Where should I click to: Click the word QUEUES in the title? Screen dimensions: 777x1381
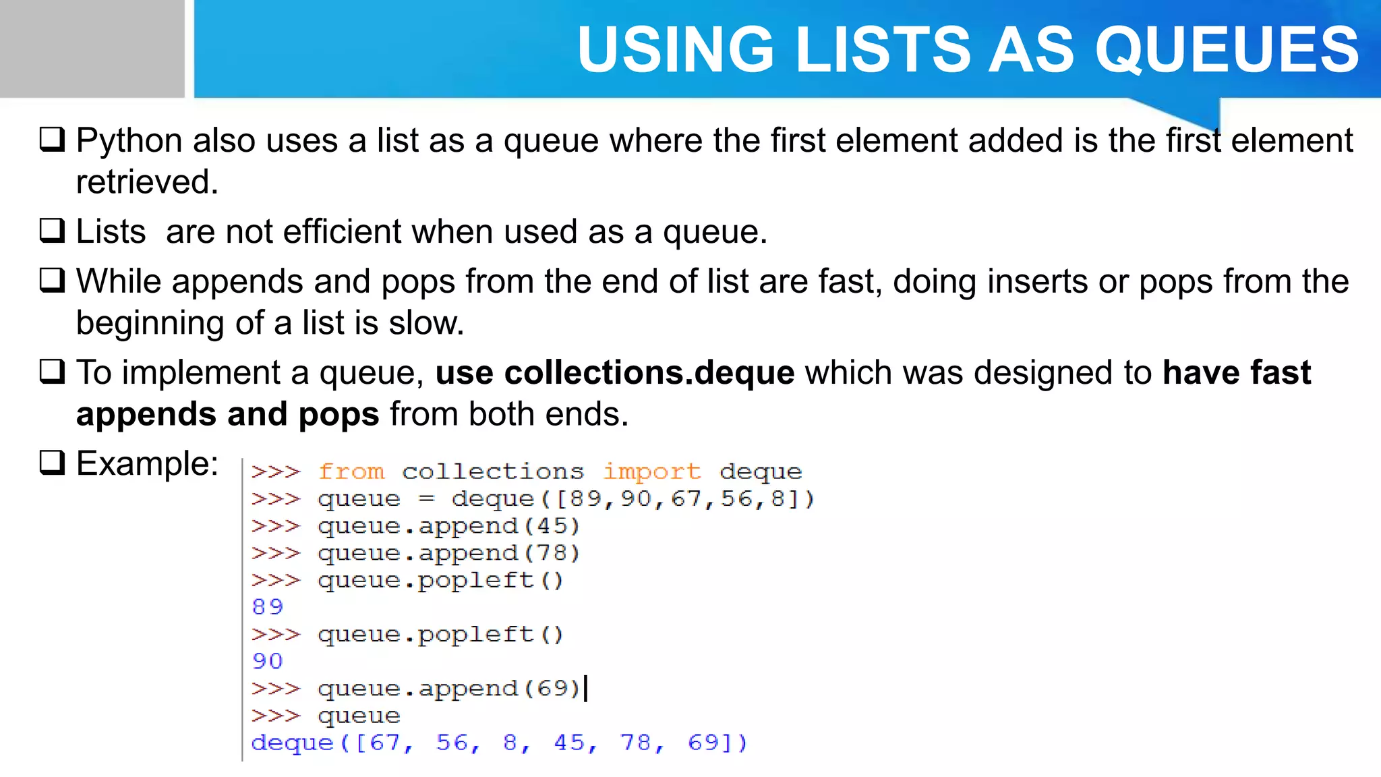[1227, 50]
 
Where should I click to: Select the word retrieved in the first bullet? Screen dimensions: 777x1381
[147, 182]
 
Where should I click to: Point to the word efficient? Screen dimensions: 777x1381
[342, 232]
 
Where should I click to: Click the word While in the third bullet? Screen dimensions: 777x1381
[118, 282]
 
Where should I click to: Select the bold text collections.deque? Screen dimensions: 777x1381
[649, 373]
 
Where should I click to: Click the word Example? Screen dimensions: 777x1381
[146, 464]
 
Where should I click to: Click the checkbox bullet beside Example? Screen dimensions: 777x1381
[52, 463]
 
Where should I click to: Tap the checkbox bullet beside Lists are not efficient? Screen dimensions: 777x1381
[52, 231]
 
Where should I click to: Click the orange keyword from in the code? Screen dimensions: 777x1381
[351, 471]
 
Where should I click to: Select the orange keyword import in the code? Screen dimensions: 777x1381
[651, 471]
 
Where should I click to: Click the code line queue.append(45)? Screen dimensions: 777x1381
[448, 526]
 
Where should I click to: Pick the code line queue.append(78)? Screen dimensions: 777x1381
[448, 553]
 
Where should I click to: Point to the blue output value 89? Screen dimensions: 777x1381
[267, 607]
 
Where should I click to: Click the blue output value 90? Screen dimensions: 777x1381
[267, 661]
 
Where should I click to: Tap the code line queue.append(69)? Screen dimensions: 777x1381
[448, 689]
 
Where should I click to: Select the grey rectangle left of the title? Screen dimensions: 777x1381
[92, 49]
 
